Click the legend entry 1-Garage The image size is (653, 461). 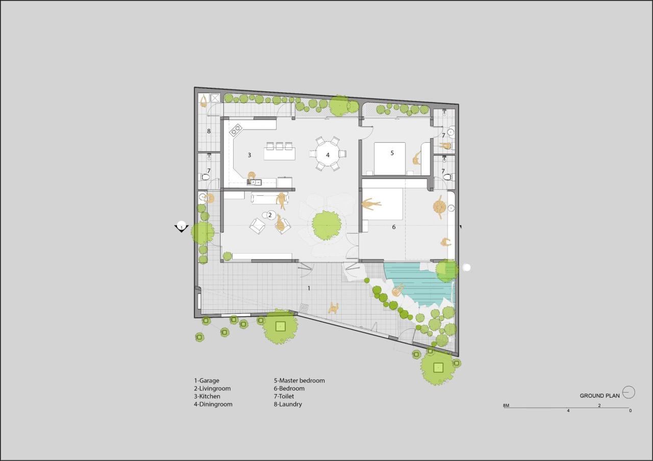pyautogui.click(x=207, y=380)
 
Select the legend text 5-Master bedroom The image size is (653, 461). pyautogui.click(x=299, y=380)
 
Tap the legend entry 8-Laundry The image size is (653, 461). pyautogui.click(x=288, y=404)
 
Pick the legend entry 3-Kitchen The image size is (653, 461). pyautogui.click(x=207, y=396)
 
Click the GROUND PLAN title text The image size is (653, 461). pyautogui.click(x=599, y=396)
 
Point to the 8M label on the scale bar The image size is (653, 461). pyautogui.click(x=506, y=405)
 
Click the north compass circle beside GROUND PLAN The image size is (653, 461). pyautogui.click(x=629, y=392)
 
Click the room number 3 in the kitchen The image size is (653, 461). pyautogui.click(x=249, y=155)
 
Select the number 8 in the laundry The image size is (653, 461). pyautogui.click(x=209, y=131)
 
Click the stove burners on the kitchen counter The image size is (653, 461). pyautogui.click(x=236, y=130)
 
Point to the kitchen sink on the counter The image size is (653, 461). pyautogui.click(x=255, y=183)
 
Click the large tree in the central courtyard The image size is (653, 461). pyautogui.click(x=326, y=225)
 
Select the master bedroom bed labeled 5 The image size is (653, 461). pyautogui.click(x=390, y=159)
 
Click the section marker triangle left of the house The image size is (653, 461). pyautogui.click(x=181, y=228)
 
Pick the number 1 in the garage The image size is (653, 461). pyautogui.click(x=309, y=288)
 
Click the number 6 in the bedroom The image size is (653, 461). pyautogui.click(x=394, y=227)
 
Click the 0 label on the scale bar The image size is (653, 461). pyautogui.click(x=630, y=411)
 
